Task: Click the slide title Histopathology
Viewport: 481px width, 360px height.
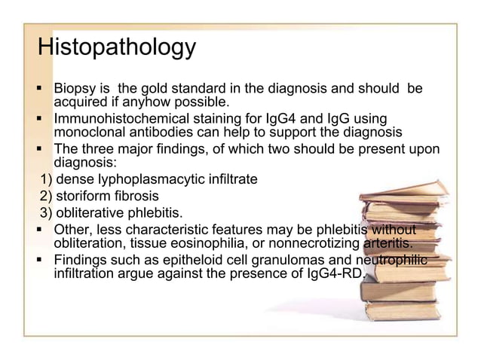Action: (117, 47)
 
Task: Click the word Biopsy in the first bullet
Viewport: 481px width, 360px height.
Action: (75, 89)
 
